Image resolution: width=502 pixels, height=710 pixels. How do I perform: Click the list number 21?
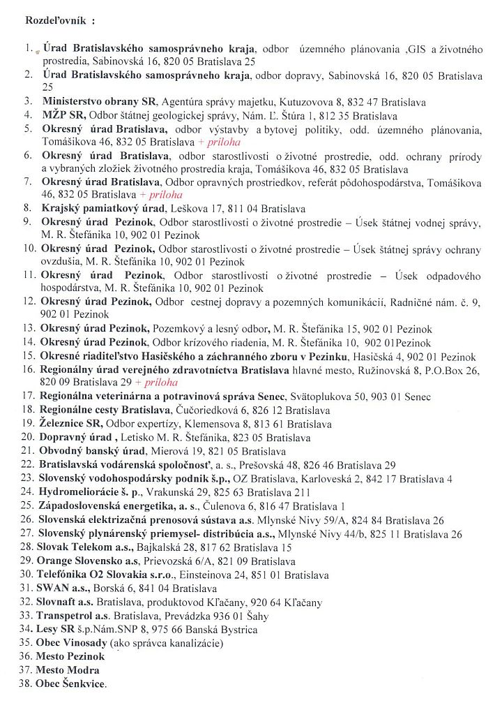pyautogui.click(x=27, y=452)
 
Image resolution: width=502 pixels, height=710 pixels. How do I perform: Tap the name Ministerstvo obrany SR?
pyautogui.click(x=99, y=101)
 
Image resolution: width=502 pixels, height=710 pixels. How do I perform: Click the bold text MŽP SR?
pyautogui.click(x=61, y=114)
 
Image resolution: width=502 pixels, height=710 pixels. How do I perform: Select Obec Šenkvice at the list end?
pyautogui.click(x=71, y=683)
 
